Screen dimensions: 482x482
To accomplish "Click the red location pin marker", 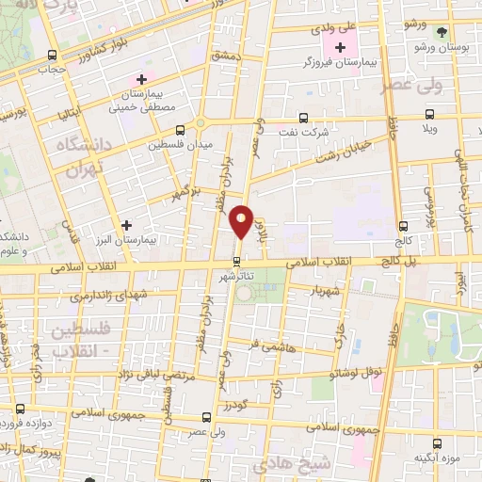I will [241, 221].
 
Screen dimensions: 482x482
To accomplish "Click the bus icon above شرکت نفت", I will [302, 119].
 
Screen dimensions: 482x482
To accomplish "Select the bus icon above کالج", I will [404, 226].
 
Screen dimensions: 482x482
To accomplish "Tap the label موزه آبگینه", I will [436, 458].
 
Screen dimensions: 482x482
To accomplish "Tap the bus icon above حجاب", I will [53, 54].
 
